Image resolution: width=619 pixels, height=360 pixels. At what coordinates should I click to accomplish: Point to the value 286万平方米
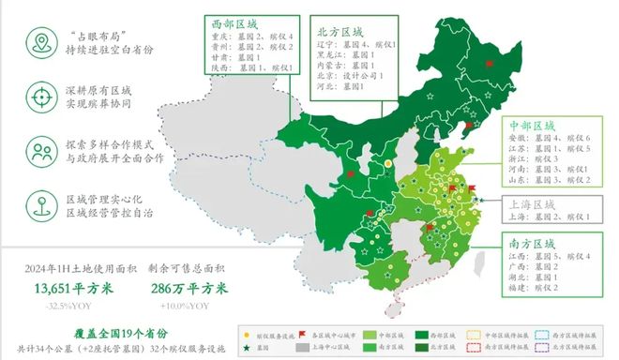(x=188, y=289)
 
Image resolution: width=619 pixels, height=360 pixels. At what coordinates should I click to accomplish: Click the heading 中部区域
(x=532, y=125)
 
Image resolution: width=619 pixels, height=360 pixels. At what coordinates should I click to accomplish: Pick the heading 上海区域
(x=532, y=203)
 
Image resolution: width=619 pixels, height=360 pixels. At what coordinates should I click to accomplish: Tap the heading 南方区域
(x=532, y=242)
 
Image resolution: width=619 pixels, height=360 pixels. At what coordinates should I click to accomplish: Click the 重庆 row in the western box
(x=247, y=37)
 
